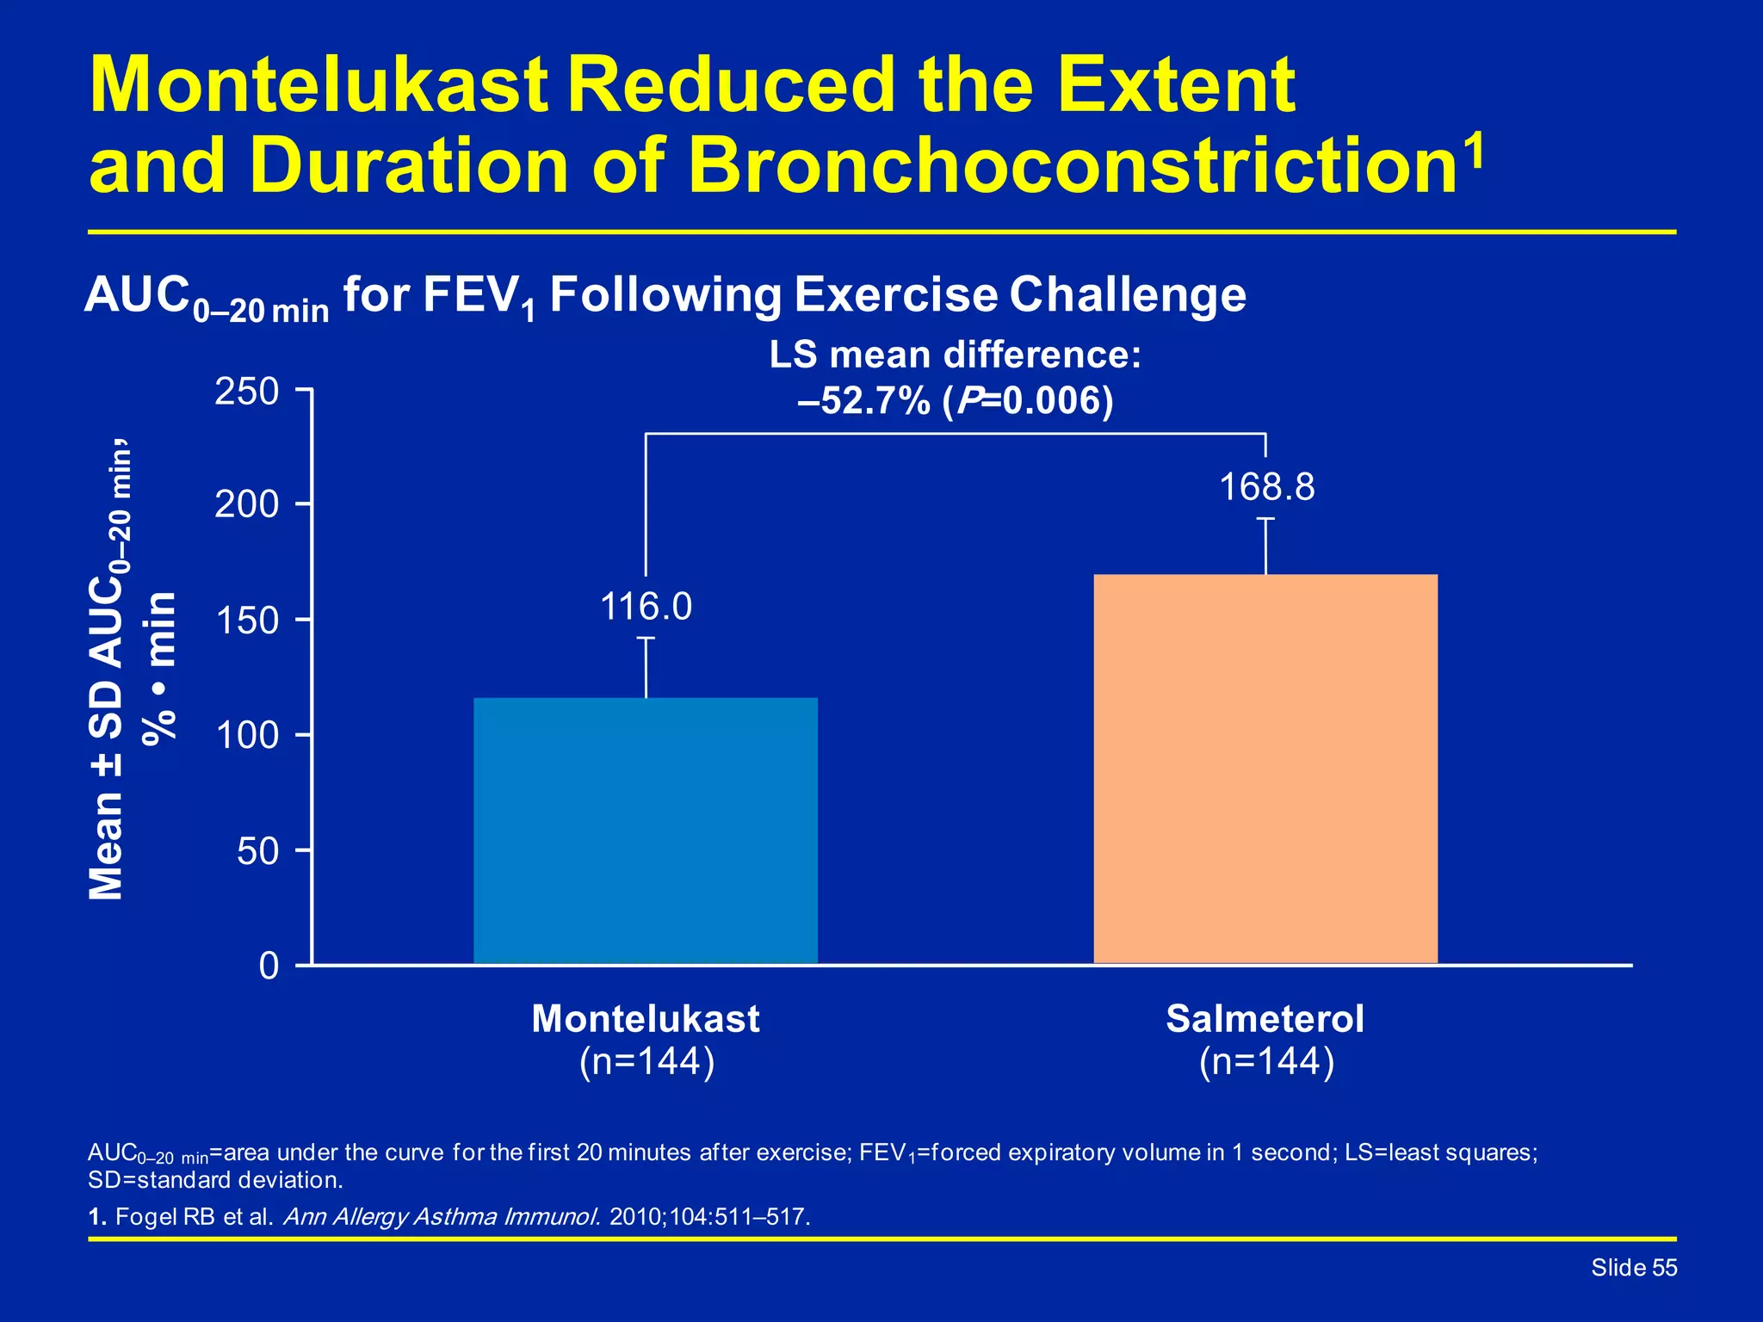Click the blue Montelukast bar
[646, 831]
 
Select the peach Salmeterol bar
[1265, 769]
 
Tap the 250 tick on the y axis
[247, 392]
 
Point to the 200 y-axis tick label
[247, 504]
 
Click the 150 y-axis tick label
[247, 621]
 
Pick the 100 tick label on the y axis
[247, 736]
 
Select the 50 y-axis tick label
[257, 851]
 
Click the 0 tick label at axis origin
[269, 967]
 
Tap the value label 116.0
[646, 607]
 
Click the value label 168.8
[1267, 487]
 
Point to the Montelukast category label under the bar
[646, 1019]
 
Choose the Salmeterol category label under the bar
[1265, 1019]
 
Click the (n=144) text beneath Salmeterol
[1266, 1062]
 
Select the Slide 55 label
[1633, 1268]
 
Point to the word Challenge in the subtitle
[1127, 295]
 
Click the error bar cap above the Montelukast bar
[646, 638]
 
